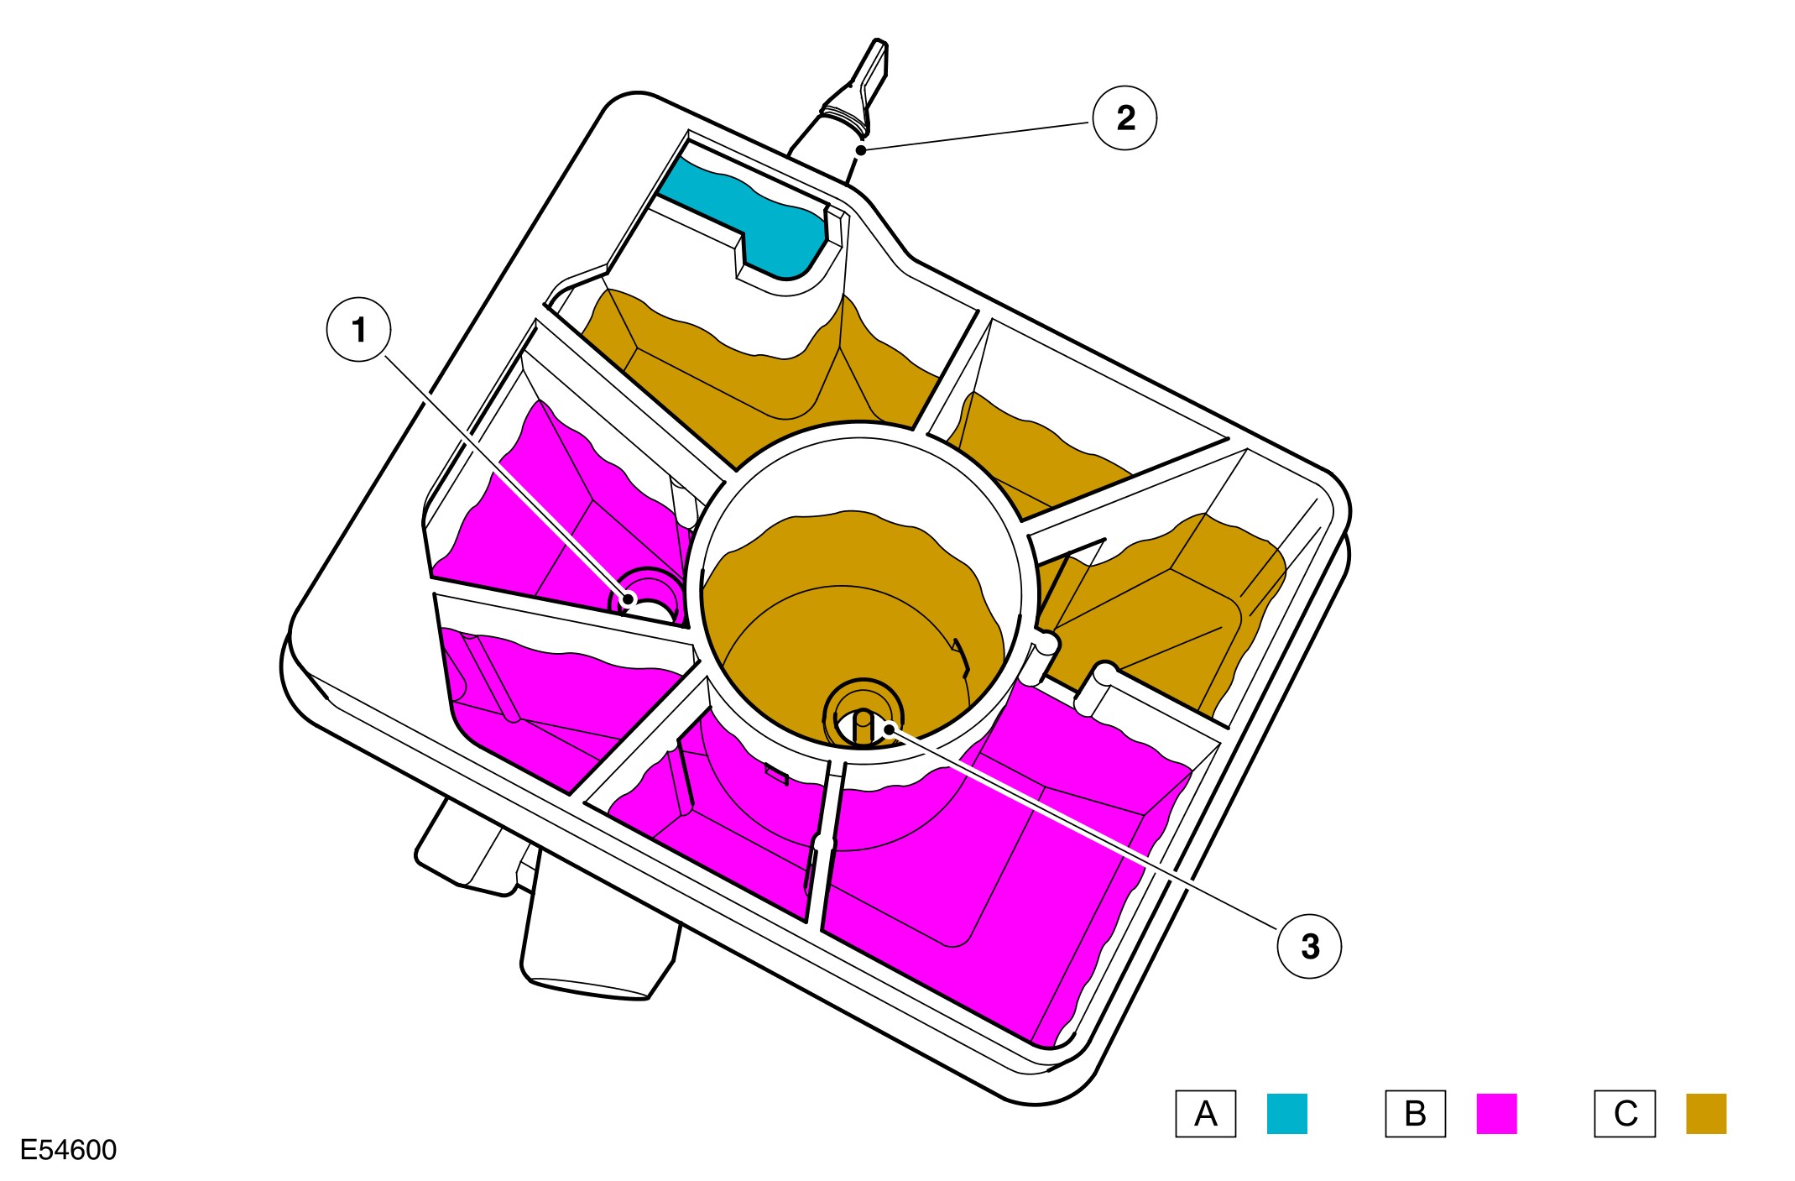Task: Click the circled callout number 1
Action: click(x=359, y=330)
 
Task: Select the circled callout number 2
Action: click(x=1124, y=118)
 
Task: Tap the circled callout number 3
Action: click(x=1309, y=946)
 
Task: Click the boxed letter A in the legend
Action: click(x=1205, y=1114)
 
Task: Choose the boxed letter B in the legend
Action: click(x=1415, y=1114)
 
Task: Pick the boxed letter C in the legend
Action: click(x=1625, y=1114)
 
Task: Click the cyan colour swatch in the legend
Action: click(x=1286, y=1114)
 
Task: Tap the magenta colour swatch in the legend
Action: click(x=1496, y=1114)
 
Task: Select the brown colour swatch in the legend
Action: click(x=1706, y=1114)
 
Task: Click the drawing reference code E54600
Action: click(x=68, y=1150)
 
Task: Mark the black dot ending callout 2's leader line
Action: click(x=861, y=150)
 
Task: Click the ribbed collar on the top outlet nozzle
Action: click(x=844, y=113)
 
